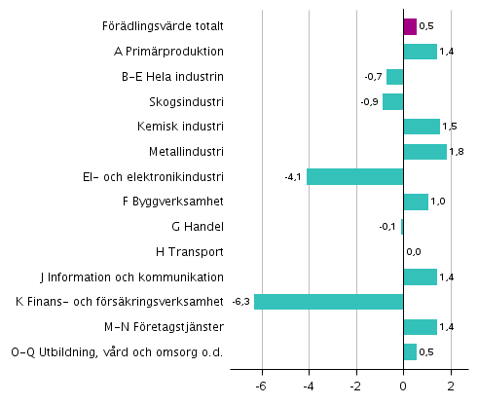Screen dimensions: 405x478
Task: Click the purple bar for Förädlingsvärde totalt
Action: (x=410, y=26)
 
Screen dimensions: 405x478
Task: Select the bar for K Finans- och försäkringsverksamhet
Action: (x=328, y=302)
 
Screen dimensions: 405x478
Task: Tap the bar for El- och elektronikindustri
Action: (x=354, y=176)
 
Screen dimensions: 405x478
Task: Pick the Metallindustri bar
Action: (x=424, y=152)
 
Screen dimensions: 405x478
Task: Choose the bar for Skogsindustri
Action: (x=392, y=101)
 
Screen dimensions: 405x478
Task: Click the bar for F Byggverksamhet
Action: (x=416, y=202)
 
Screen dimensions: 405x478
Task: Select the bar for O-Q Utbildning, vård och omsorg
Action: (x=410, y=351)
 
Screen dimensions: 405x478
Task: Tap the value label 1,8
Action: (x=458, y=152)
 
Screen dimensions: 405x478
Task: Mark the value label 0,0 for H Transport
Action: (x=414, y=252)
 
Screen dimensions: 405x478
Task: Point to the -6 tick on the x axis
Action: (x=260, y=386)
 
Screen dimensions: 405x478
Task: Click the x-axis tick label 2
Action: (x=451, y=386)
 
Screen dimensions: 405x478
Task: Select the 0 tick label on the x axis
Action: (x=403, y=386)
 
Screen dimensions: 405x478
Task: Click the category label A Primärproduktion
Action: (x=182, y=52)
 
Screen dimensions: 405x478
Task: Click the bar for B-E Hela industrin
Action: (x=394, y=77)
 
